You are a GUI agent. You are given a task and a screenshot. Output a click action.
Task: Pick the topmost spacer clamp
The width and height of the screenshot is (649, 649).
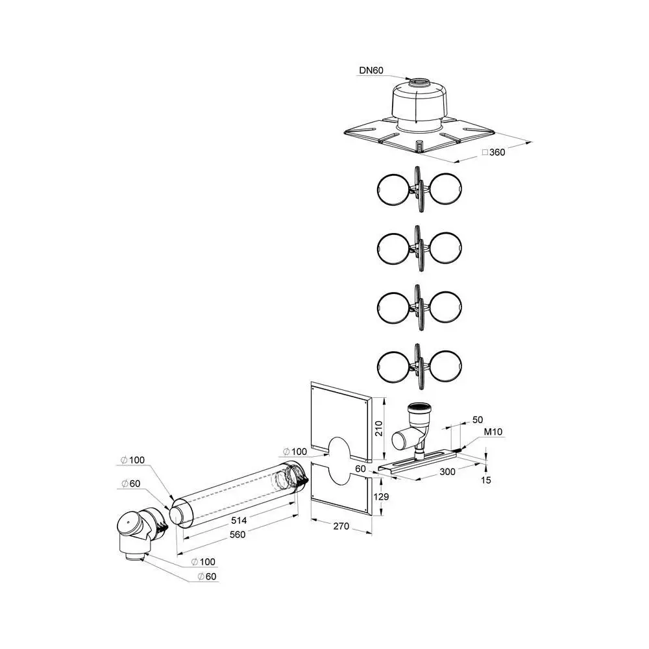point(419,189)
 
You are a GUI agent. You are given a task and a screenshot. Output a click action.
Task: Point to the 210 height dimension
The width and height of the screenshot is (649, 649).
point(380,429)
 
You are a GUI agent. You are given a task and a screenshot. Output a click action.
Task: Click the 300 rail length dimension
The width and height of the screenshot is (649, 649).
point(446,472)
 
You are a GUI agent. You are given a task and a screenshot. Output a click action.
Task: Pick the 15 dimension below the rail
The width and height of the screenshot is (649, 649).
point(487,481)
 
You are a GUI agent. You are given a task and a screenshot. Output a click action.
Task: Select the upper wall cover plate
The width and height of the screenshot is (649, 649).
point(341,415)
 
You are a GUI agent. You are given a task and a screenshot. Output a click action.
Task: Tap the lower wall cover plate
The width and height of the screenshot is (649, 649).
point(341,490)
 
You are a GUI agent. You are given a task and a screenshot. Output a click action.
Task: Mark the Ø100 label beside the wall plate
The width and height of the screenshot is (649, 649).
point(295,451)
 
